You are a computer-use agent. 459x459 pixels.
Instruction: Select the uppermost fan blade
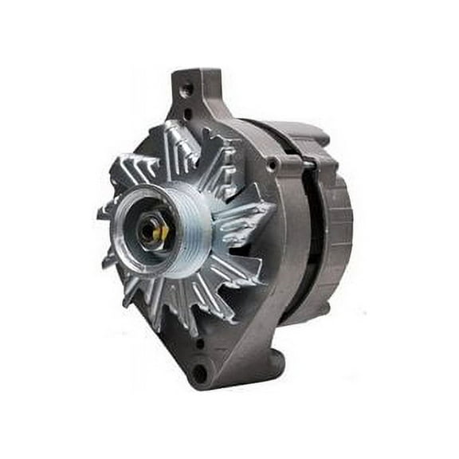click(x=182, y=139)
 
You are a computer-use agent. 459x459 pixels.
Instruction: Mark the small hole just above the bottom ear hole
click(x=200, y=345)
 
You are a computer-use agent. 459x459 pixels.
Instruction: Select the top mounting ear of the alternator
click(x=195, y=92)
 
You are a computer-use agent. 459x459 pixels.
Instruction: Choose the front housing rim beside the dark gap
click(x=287, y=239)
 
